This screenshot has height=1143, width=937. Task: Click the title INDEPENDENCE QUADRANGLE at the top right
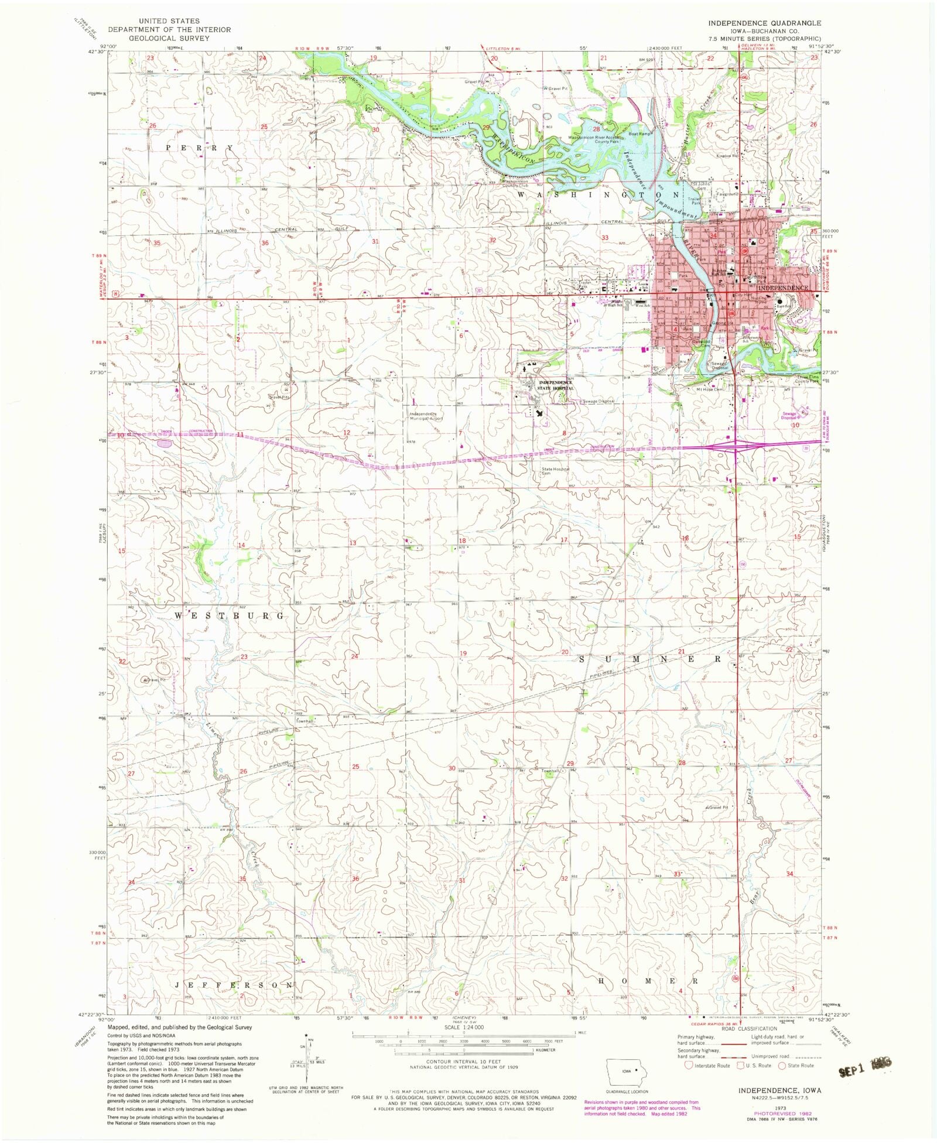pos(764,23)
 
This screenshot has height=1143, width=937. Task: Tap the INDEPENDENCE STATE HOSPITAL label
pos(556,385)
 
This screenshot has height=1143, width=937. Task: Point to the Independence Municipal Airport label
pos(427,416)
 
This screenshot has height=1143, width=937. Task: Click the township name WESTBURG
pos(230,616)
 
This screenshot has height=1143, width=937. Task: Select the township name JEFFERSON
pos(234,985)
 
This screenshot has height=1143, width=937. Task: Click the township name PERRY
pos(199,148)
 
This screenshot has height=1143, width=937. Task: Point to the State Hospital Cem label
pos(555,471)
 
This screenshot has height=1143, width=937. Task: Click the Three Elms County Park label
pos(805,379)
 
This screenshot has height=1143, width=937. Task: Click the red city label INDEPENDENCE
pos(783,288)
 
